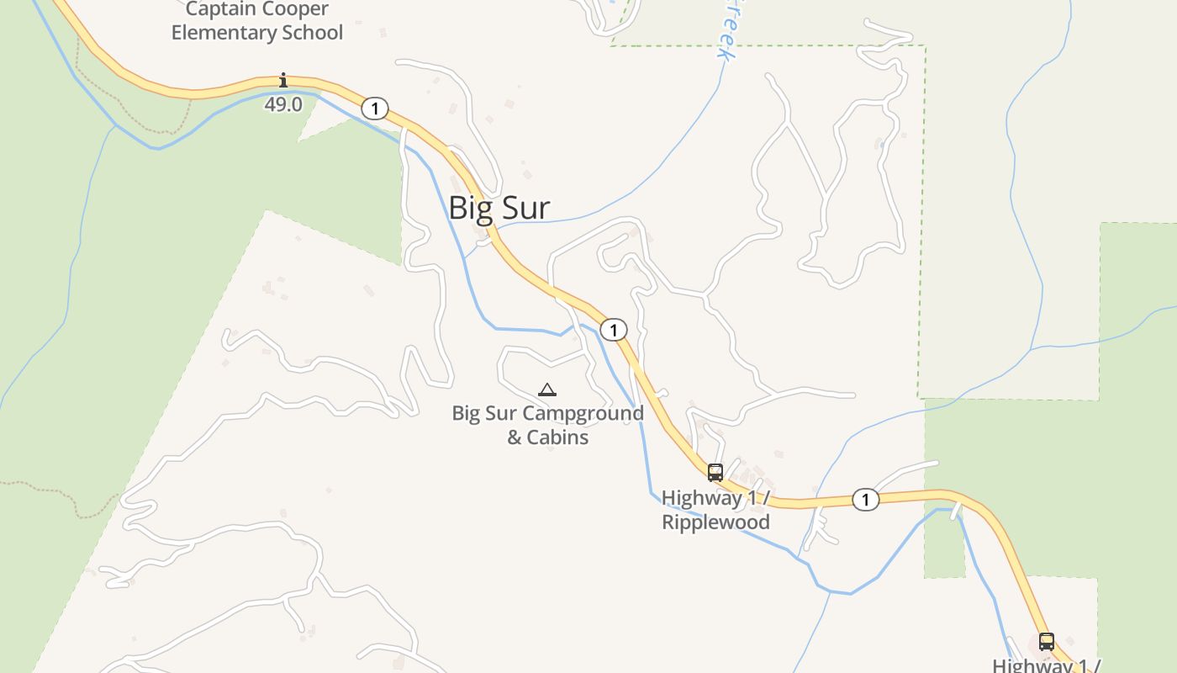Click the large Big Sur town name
(499, 208)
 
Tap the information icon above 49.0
(283, 81)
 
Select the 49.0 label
(283, 104)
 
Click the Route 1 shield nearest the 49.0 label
(375, 109)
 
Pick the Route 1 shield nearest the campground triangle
(614, 330)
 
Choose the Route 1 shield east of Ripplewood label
(865, 500)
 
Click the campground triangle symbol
(547, 389)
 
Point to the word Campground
(583, 413)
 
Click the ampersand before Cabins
(515, 437)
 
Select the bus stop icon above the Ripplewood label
(715, 473)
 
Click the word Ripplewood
(715, 522)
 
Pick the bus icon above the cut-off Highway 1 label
(1047, 641)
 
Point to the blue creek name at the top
(726, 34)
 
